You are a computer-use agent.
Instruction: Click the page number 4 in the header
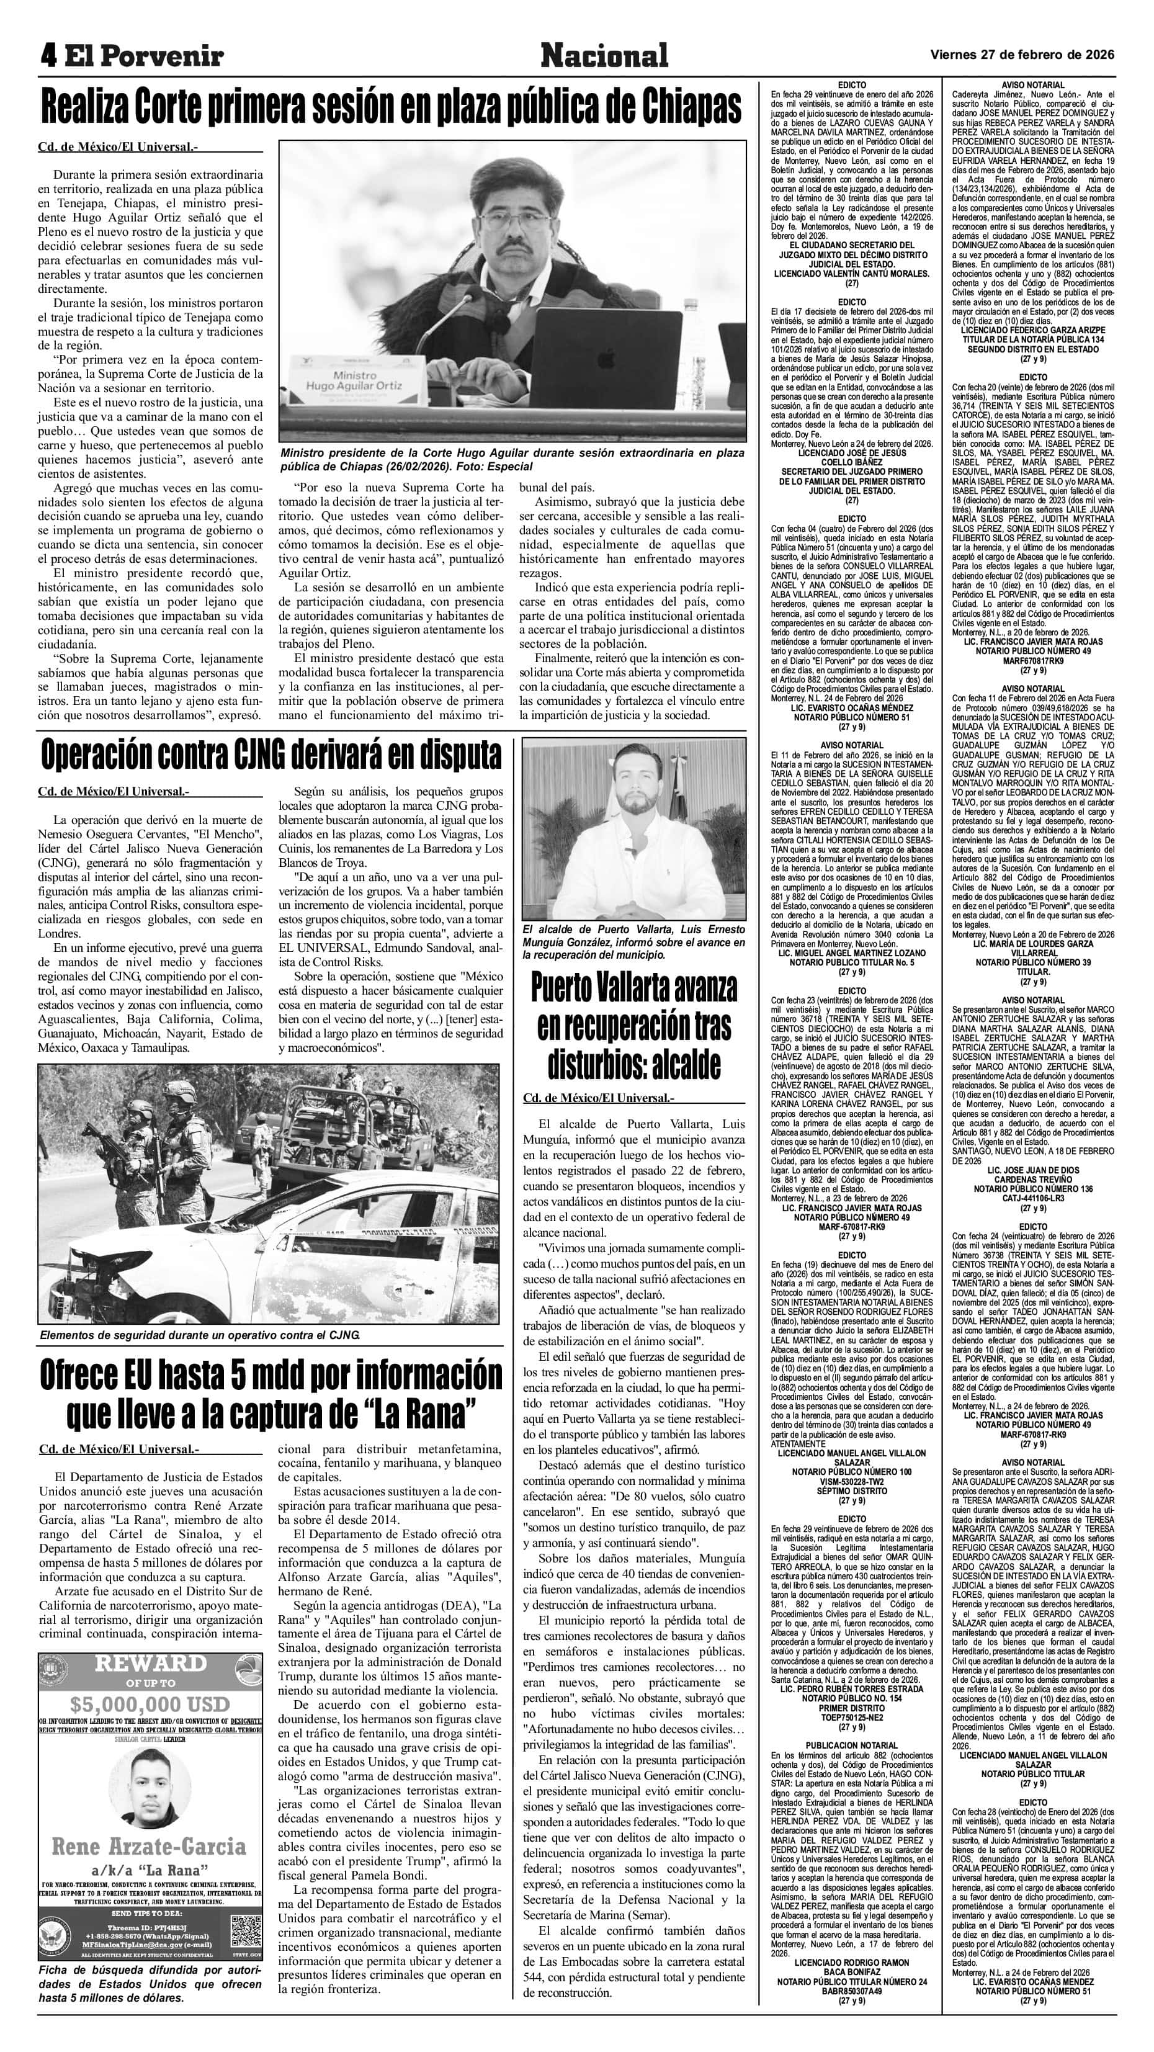coord(50,56)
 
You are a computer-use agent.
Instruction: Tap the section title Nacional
coord(604,56)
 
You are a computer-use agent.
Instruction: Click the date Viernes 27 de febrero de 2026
coord(1022,54)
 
